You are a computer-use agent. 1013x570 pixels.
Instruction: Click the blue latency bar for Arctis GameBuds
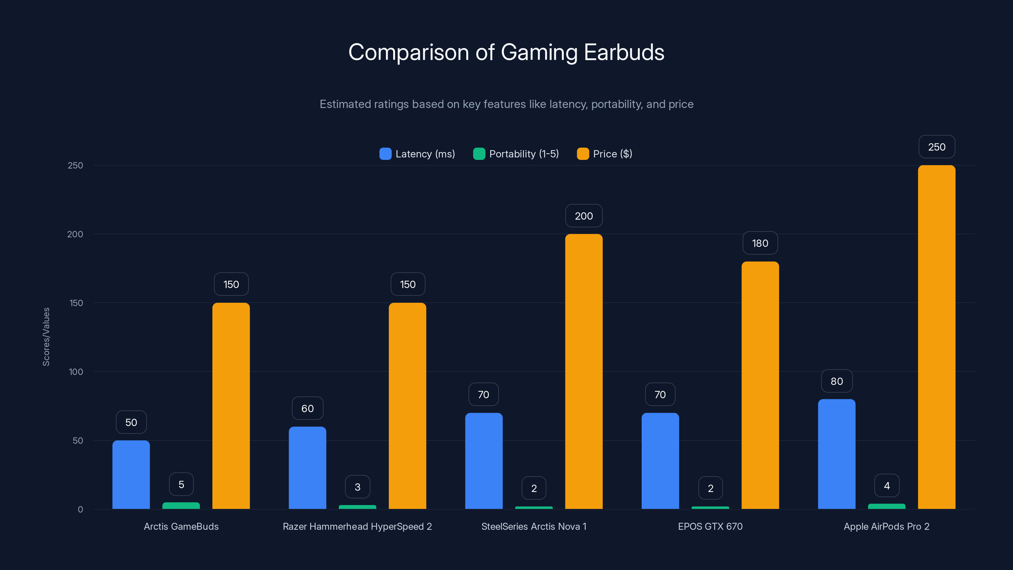[x=131, y=474]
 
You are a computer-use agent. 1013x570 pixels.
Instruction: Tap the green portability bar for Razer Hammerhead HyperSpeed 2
[x=357, y=507]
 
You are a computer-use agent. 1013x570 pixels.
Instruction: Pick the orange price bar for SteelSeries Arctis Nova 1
[x=583, y=371]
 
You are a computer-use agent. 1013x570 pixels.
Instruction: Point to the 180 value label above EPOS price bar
[x=760, y=243]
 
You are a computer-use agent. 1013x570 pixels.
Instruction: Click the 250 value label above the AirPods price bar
[x=936, y=147]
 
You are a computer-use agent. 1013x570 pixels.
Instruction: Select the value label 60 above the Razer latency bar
[x=307, y=408]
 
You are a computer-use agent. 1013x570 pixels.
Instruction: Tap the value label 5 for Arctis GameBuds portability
[x=181, y=484]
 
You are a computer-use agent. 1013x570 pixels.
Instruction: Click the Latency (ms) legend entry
[x=417, y=154]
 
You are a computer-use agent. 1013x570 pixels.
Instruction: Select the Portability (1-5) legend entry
[x=516, y=154]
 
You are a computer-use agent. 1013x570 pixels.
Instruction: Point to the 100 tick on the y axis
[x=76, y=372]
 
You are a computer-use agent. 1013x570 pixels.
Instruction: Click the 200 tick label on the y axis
[x=75, y=234]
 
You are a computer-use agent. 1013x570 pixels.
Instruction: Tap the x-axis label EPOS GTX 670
[x=710, y=526]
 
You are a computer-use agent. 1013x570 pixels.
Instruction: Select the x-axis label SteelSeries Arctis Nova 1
[x=534, y=526]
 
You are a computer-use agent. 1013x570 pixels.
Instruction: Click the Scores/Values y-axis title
[x=46, y=337]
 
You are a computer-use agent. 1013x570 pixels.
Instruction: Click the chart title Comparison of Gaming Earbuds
[x=506, y=52]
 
